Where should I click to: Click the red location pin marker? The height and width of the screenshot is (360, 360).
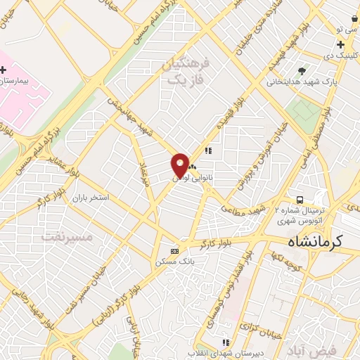point(180,166)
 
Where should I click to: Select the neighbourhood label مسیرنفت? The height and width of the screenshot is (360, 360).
point(67,236)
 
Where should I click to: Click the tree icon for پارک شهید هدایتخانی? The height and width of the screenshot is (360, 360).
point(302,70)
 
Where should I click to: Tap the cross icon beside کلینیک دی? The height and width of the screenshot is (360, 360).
point(340,44)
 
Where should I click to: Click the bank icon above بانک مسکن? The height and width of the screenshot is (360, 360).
point(175,251)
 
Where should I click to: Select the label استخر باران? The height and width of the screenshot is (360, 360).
point(90,198)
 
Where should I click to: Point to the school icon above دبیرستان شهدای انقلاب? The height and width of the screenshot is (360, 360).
point(226,342)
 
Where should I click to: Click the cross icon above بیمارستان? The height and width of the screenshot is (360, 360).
point(4,70)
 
